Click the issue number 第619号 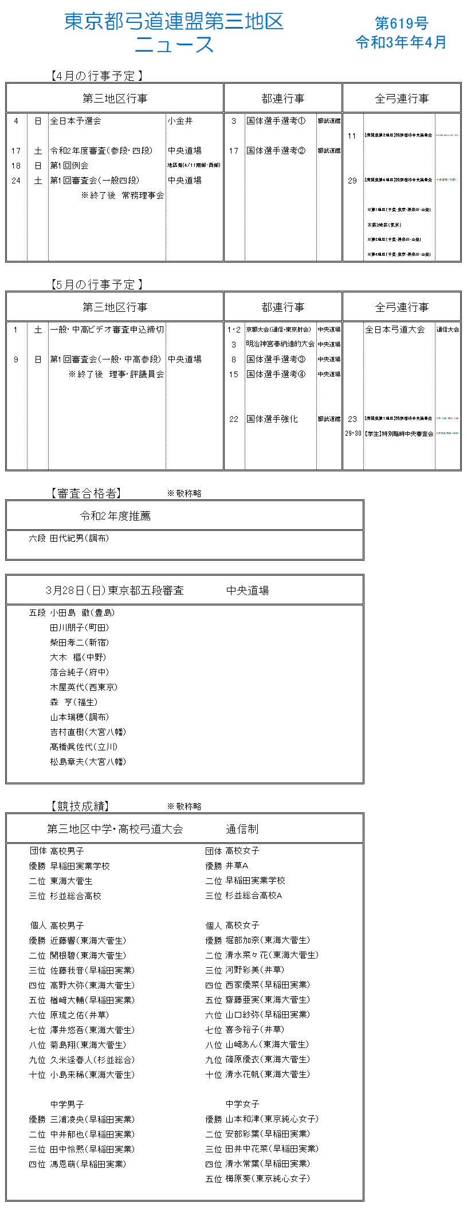pyautogui.click(x=401, y=24)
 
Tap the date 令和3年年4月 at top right pyautogui.click(x=401, y=42)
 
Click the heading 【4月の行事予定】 pyautogui.click(x=96, y=76)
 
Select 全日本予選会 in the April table pyautogui.click(x=76, y=121)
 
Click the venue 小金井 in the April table pyautogui.click(x=180, y=121)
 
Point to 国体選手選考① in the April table pyautogui.click(x=276, y=121)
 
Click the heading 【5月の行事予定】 pyautogui.click(x=96, y=284)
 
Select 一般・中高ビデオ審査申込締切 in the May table pyautogui.click(x=107, y=330)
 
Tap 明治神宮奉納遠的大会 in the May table pyautogui.click(x=280, y=344)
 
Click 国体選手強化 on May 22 pyautogui.click(x=272, y=419)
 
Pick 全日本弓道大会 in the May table pyautogui.click(x=395, y=330)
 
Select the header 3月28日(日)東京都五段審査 pyautogui.click(x=115, y=591)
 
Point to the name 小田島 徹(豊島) pyautogui.click(x=82, y=613)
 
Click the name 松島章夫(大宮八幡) pyautogui.click(x=88, y=762)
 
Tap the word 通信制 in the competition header pyautogui.click(x=242, y=829)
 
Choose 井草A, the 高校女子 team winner pyautogui.click(x=237, y=866)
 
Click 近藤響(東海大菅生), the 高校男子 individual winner pyautogui.click(x=88, y=941)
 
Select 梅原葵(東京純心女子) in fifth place pyautogui.click(x=267, y=1179)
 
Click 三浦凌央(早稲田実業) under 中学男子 pyautogui.click(x=92, y=1119)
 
